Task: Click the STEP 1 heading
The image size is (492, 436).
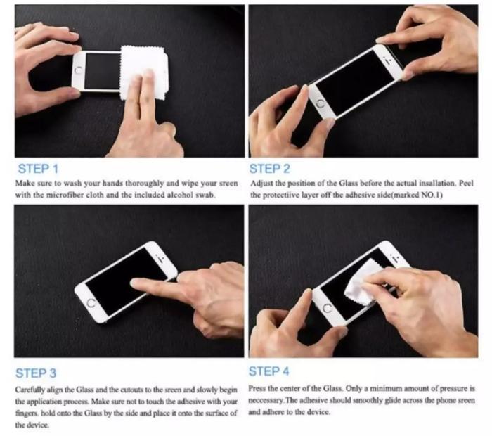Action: tap(38, 169)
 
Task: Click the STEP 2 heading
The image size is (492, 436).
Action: tap(269, 169)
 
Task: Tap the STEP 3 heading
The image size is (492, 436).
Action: tap(36, 373)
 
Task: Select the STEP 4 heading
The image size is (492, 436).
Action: tap(268, 371)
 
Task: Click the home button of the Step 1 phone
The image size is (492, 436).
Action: tap(79, 70)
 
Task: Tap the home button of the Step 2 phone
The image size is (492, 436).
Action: tap(321, 103)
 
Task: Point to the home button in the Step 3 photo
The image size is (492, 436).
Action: tap(91, 303)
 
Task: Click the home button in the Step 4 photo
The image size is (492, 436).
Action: tap(327, 308)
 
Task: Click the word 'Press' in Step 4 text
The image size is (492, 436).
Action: tap(257, 389)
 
